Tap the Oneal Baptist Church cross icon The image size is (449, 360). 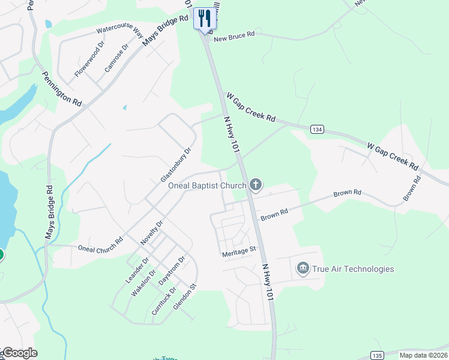(x=256, y=184)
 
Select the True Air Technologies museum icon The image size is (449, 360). (x=303, y=268)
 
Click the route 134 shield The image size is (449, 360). (x=318, y=130)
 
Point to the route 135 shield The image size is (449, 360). (x=377, y=355)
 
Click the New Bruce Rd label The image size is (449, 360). (x=235, y=35)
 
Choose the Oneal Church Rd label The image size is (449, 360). (x=100, y=244)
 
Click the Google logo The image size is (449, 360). (x=19, y=353)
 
